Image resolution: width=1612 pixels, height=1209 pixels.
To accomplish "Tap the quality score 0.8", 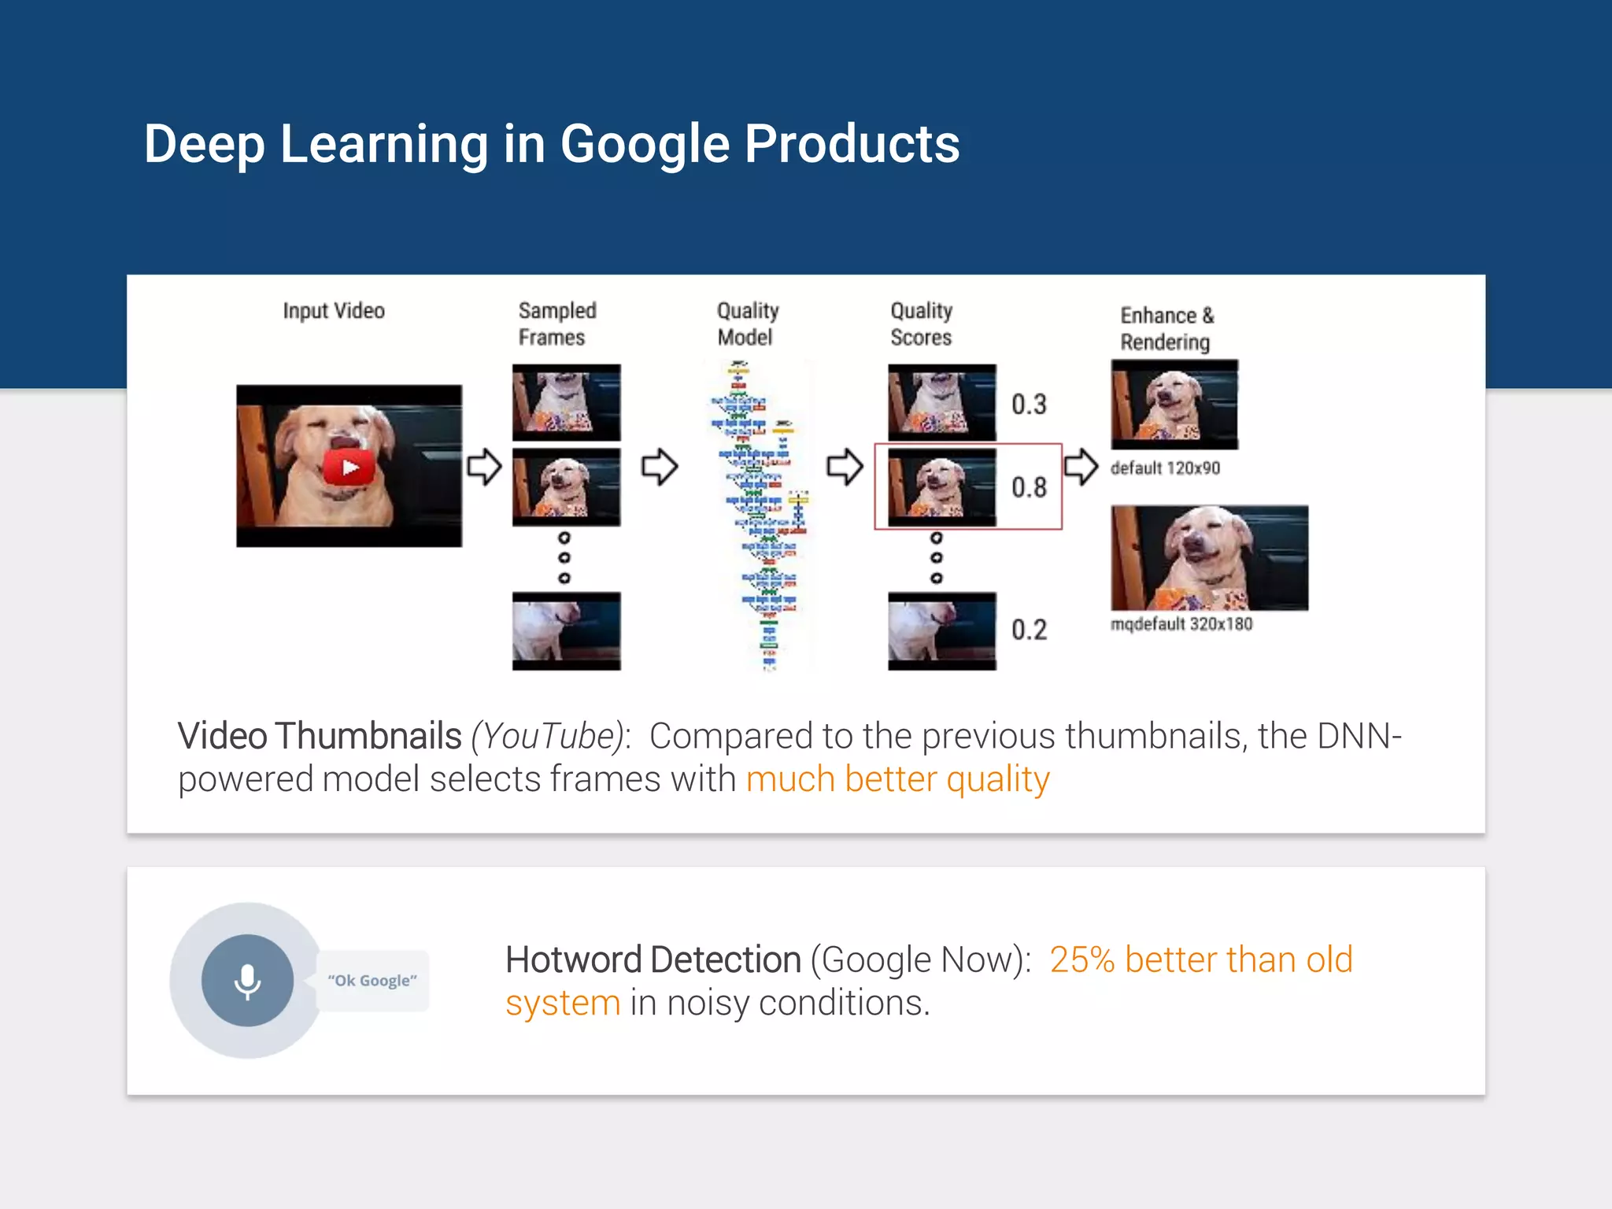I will (1029, 487).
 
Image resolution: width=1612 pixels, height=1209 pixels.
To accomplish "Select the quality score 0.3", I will (1029, 405).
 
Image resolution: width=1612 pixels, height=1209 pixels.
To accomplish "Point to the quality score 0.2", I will (1029, 630).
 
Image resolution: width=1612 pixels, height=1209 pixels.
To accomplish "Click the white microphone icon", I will (247, 981).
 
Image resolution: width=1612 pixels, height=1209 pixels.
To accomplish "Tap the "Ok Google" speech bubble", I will (372, 981).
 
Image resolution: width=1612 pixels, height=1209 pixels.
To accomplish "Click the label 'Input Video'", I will (334, 311).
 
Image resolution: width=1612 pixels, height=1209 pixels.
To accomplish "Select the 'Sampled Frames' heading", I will (556, 324).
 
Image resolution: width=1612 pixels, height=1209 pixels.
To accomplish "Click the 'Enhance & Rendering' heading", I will (1166, 328).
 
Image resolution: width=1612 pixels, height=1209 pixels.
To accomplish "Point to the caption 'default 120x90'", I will (1165, 468).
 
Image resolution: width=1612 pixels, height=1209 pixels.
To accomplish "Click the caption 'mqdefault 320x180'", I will (1181, 624).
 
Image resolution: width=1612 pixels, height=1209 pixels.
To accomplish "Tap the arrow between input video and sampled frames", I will (483, 467).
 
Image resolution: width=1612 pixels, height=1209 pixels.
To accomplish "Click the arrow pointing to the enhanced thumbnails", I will (1081, 467).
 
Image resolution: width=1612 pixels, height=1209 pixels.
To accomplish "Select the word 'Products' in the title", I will (852, 144).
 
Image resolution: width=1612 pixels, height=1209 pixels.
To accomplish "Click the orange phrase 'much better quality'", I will (897, 779).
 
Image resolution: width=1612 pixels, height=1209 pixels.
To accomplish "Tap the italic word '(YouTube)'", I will (548, 737).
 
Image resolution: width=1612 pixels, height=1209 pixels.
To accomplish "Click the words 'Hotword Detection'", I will (653, 960).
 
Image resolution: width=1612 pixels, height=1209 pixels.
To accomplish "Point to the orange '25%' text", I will (1082, 960).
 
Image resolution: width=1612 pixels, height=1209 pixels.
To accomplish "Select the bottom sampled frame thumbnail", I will (566, 631).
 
